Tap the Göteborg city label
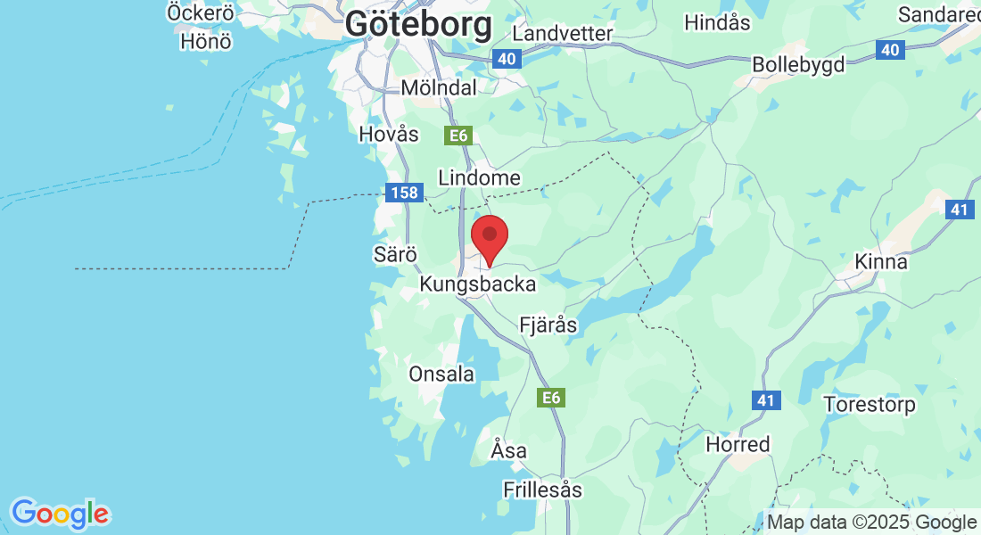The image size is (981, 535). pyautogui.click(x=418, y=24)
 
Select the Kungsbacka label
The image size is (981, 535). pyautogui.click(x=478, y=284)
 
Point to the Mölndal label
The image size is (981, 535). pyautogui.click(x=439, y=87)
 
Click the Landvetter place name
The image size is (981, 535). pyautogui.click(x=563, y=33)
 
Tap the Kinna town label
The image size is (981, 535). pyautogui.click(x=881, y=262)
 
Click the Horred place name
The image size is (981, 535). pyautogui.click(x=738, y=443)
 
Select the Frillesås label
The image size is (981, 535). pyautogui.click(x=542, y=490)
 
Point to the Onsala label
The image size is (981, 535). pyautogui.click(x=441, y=374)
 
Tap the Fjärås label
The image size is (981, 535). pyautogui.click(x=548, y=325)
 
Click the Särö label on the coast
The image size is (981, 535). pyautogui.click(x=395, y=254)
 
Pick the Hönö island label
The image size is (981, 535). pyautogui.click(x=206, y=41)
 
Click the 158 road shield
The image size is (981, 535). pyautogui.click(x=398, y=192)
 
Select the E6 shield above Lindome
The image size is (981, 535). pyautogui.click(x=458, y=136)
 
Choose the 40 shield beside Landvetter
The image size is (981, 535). pyautogui.click(x=506, y=59)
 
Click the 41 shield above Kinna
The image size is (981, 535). pyautogui.click(x=959, y=209)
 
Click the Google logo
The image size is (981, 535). pyautogui.click(x=60, y=514)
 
